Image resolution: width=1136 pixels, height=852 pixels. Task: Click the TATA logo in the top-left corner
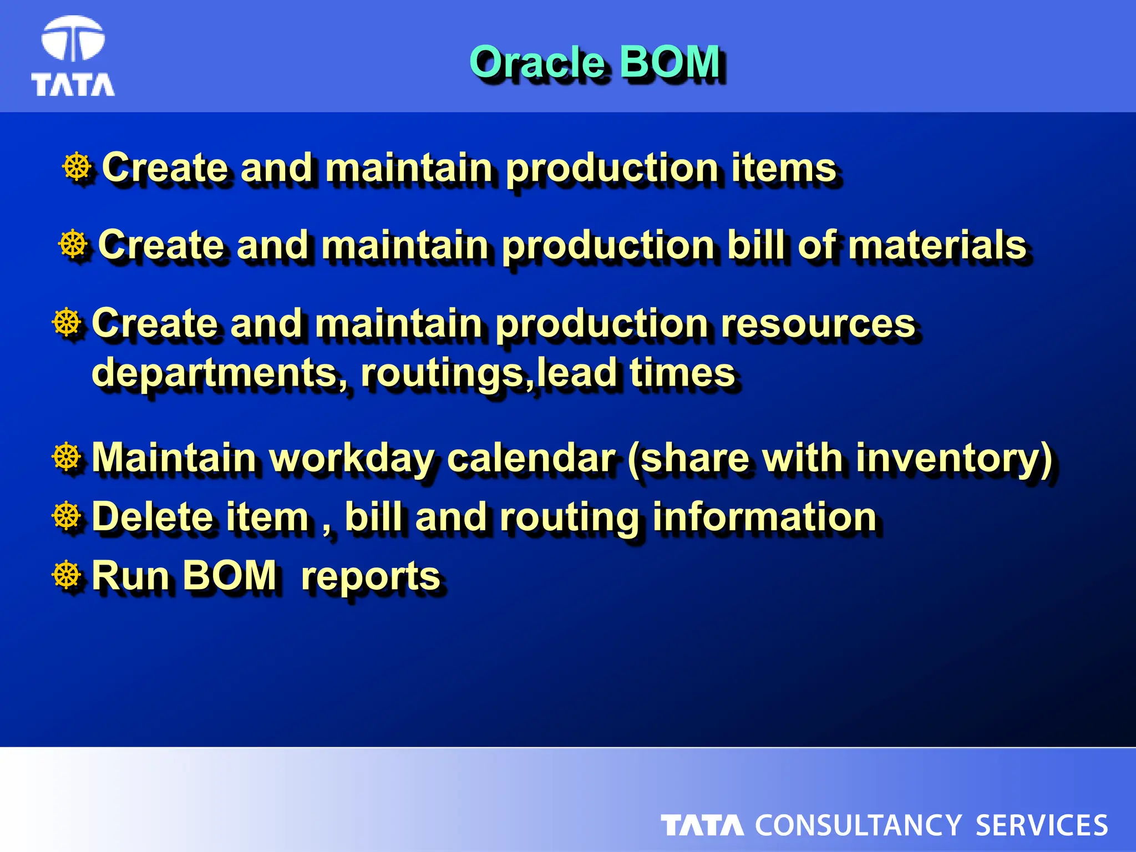[73, 57]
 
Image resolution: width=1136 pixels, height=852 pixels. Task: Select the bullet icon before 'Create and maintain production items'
[77, 167]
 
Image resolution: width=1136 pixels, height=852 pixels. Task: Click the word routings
[442, 373]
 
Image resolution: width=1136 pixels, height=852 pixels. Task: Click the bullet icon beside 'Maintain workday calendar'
[67, 458]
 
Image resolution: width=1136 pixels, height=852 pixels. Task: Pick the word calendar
[531, 458]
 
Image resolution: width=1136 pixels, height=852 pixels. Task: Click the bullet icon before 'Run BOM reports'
[67, 575]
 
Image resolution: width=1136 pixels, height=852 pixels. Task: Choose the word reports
[371, 576]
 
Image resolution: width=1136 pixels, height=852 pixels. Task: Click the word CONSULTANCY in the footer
[858, 825]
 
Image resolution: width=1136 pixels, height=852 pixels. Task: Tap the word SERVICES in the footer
[1041, 825]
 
